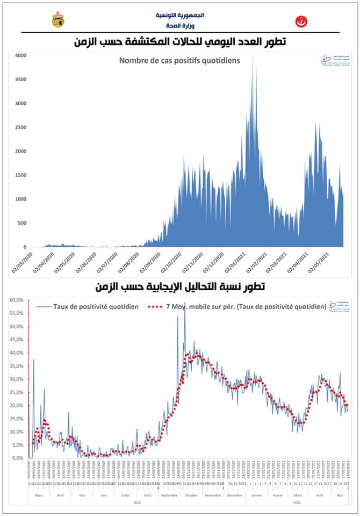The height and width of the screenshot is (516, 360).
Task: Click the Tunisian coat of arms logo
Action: tap(57, 20)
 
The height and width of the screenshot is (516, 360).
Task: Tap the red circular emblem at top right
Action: tap(299, 21)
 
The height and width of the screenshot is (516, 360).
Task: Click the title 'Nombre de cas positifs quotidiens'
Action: tap(179, 60)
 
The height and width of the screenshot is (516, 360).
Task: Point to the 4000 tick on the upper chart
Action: tap(20, 55)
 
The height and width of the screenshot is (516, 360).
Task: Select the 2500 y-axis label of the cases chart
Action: tap(20, 127)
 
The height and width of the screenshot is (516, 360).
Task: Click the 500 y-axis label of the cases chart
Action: tap(21, 223)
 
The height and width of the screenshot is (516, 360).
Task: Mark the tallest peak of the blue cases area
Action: tap(253, 57)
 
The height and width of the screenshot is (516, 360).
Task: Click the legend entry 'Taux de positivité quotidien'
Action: tap(97, 306)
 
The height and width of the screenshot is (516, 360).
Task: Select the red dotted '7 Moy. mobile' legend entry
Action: tap(239, 306)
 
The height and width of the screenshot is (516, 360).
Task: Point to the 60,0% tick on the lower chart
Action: tap(17, 300)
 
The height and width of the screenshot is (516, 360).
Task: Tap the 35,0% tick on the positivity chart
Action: tap(17, 366)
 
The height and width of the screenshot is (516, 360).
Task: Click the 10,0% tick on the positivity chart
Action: tap(17, 432)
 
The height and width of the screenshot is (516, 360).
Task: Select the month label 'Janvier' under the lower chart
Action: tap(256, 495)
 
